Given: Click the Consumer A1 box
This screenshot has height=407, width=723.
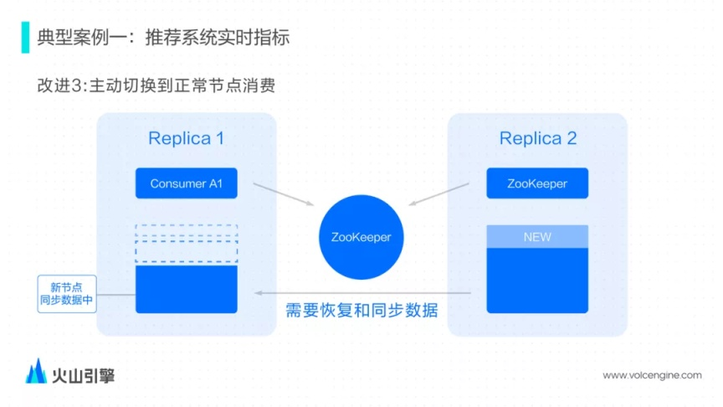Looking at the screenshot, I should tap(186, 183).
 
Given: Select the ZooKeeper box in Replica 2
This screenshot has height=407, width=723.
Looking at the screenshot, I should tap(536, 183).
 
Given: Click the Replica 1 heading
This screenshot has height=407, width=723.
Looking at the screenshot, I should tap(186, 138).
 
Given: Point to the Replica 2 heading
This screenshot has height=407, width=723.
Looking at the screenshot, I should tap(538, 138).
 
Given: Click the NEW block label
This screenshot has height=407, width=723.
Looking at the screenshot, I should tap(536, 237).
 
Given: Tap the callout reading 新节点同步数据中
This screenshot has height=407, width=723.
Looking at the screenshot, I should tap(66, 293).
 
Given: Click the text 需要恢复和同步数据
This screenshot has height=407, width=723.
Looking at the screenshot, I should tap(361, 311).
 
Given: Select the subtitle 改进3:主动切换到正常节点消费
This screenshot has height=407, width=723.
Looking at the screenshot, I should tap(156, 85).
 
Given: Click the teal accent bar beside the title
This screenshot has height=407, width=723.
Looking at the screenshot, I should tap(25, 38).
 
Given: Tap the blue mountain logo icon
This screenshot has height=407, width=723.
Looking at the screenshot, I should tap(36, 372).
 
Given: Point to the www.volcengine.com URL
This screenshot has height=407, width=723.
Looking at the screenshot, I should tap(652, 375).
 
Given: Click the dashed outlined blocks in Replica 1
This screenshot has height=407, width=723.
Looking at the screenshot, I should tap(186, 244).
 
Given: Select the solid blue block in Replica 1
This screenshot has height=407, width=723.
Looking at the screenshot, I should tap(186, 289).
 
